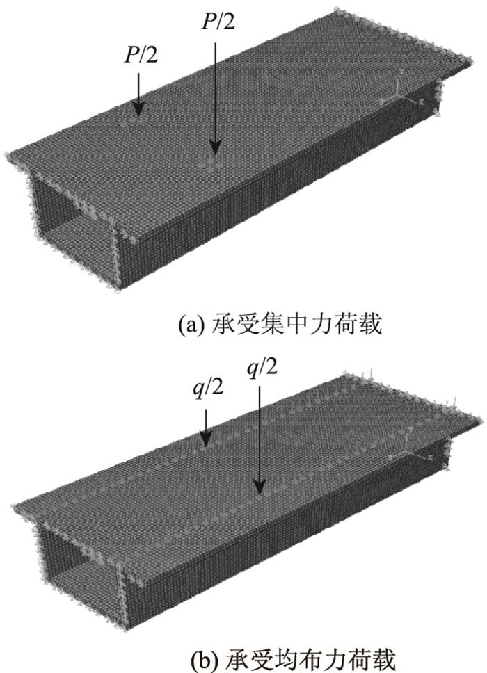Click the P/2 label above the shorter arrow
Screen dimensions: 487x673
click(x=139, y=55)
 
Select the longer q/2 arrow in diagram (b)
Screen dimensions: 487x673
click(x=260, y=438)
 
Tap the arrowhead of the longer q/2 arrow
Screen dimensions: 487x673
click(x=260, y=487)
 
